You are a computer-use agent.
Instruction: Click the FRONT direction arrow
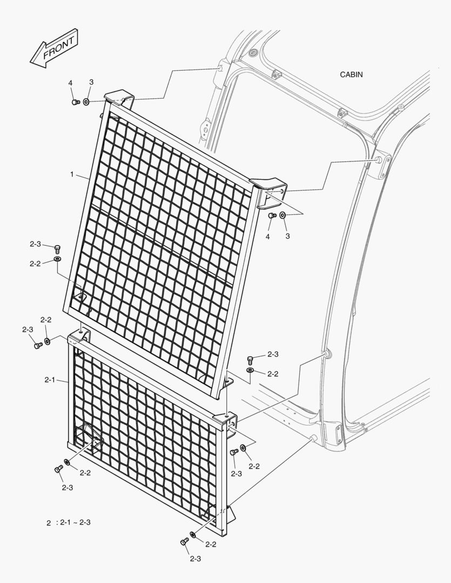(x=54, y=49)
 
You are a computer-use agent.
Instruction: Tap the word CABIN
(x=351, y=74)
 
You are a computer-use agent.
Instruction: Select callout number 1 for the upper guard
(x=72, y=174)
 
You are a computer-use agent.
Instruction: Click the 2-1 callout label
(x=50, y=380)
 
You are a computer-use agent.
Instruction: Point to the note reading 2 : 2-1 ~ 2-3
(x=69, y=523)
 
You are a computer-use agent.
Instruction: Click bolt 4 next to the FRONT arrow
(x=76, y=102)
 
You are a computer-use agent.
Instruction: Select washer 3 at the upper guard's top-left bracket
(x=86, y=101)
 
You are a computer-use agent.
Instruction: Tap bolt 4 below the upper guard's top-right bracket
(x=272, y=215)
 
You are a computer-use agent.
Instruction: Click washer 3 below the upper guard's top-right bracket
(x=282, y=215)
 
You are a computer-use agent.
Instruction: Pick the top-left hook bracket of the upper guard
(x=119, y=98)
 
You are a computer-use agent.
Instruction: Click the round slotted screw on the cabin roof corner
(x=253, y=52)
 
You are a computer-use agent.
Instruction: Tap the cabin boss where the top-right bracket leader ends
(x=379, y=160)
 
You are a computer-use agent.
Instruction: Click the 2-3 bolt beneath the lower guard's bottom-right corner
(x=184, y=542)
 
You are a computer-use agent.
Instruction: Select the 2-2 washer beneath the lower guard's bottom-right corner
(x=193, y=534)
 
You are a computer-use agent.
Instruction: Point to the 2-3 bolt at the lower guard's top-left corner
(x=38, y=346)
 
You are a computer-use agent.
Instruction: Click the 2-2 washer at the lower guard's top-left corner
(x=48, y=341)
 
